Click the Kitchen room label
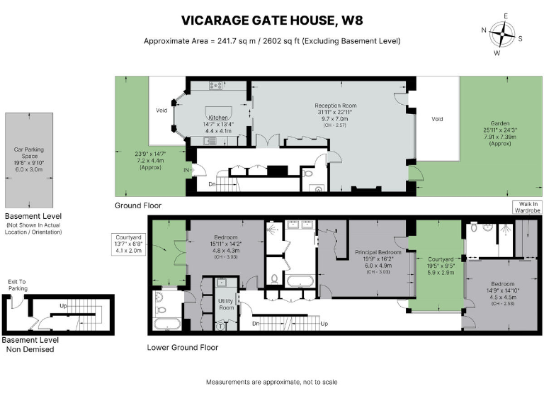220,123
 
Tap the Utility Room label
226,304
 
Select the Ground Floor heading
138,205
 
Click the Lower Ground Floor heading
182,348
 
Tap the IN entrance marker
187,171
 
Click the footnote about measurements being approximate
272,382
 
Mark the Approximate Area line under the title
272,40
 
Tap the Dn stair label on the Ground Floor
212,184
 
